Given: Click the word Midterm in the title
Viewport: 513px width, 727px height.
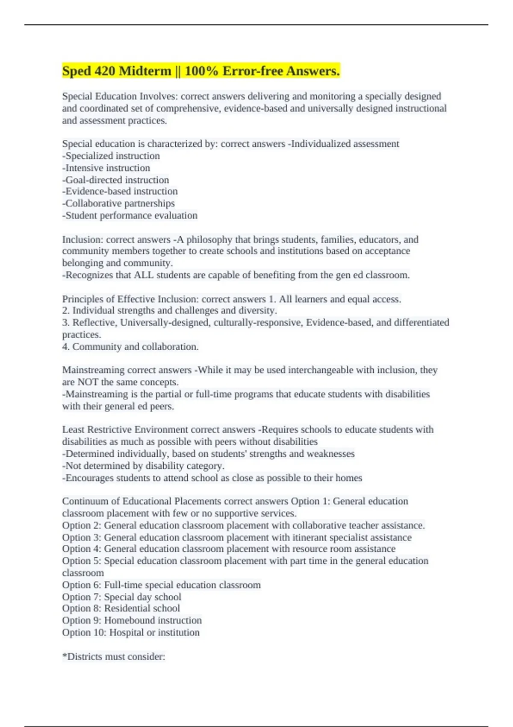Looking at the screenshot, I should click(144, 71).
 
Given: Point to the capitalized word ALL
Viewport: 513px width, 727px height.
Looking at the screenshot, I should click(144, 275).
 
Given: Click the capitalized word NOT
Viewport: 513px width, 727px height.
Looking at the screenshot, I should click(88, 382).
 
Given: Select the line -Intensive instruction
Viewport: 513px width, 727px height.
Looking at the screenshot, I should click(106, 168).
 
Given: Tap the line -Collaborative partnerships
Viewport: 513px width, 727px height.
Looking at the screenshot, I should click(118, 203).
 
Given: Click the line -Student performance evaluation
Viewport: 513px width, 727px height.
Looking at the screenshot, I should click(130, 215).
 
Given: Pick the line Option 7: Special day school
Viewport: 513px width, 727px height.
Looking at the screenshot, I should click(122, 597).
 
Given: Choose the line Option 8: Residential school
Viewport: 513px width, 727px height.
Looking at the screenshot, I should click(121, 608).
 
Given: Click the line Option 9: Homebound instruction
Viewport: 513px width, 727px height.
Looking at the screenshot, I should click(132, 620).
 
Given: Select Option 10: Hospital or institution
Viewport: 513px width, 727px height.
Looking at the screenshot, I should click(131, 632).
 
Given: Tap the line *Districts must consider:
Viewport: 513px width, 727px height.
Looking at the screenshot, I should click(114, 656).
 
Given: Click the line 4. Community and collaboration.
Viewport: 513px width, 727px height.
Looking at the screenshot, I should click(130, 346).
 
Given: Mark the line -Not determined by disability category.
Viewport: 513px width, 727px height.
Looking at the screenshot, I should click(143, 466).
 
